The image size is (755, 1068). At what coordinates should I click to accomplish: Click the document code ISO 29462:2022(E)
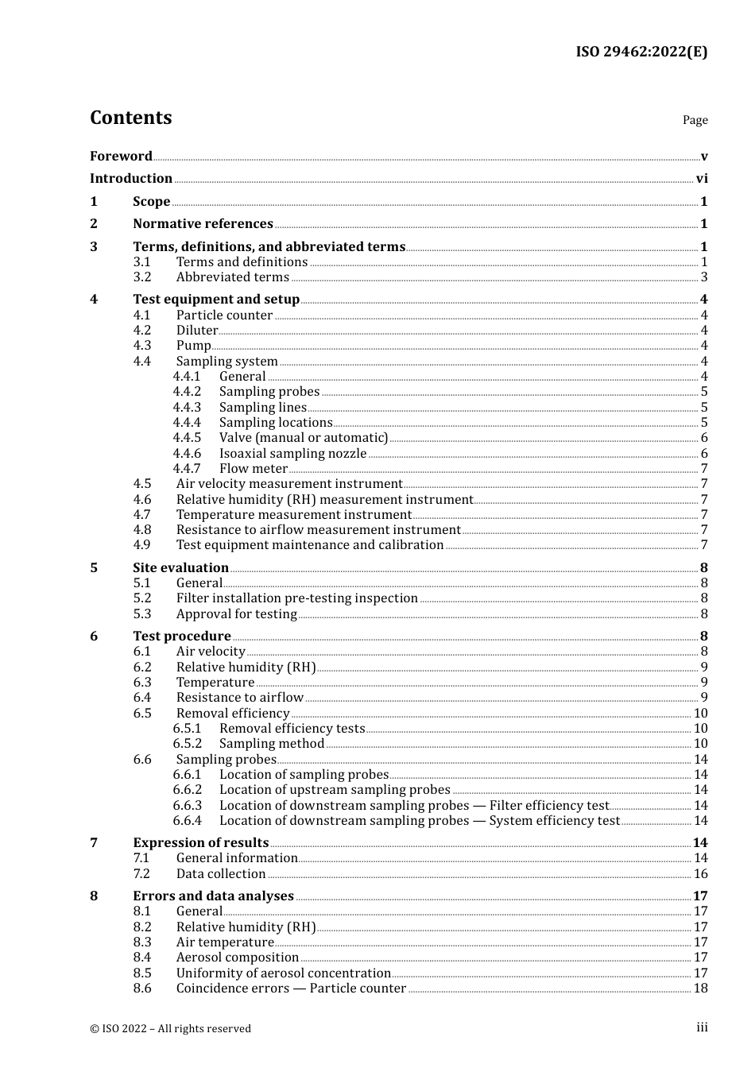(641, 52)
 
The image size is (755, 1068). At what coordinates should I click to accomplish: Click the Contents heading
(130, 118)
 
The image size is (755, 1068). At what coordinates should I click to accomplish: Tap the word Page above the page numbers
(695, 120)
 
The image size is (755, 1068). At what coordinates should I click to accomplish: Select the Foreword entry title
(121, 156)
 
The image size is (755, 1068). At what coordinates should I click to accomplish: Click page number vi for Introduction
(702, 179)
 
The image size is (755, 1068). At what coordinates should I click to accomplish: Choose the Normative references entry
(203, 224)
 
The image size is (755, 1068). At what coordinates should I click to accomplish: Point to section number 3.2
(142, 277)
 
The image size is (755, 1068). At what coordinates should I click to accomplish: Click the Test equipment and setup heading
(216, 300)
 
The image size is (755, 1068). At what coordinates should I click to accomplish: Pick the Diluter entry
(197, 331)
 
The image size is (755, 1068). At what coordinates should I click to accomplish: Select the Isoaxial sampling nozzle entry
(292, 454)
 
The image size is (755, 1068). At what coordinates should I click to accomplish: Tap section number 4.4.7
(187, 469)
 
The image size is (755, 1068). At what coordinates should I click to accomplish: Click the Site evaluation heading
(180, 568)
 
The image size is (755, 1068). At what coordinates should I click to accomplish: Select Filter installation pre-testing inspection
(296, 598)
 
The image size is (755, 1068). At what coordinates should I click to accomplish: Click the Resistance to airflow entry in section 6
(239, 698)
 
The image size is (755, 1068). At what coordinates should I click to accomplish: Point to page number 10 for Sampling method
(700, 744)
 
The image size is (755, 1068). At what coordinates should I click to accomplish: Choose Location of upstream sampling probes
(335, 790)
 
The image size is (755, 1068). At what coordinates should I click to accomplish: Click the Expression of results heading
(200, 843)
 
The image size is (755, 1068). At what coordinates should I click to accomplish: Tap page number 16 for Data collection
(700, 874)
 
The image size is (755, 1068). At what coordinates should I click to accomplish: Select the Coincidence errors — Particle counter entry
(291, 989)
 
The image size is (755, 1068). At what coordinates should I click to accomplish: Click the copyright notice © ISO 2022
(170, 1028)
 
